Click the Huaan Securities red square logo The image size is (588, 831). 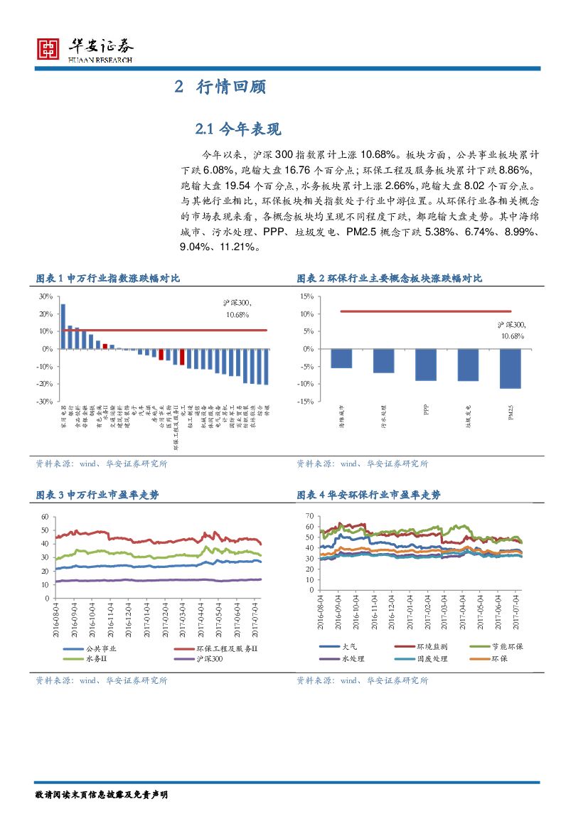point(48,48)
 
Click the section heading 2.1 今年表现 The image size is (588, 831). point(238,129)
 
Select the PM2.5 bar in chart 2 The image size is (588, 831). point(510,368)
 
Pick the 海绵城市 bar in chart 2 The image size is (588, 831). point(342,358)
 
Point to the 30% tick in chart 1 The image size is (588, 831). point(45,296)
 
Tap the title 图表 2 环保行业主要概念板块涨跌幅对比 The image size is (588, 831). point(389,279)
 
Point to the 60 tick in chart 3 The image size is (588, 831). point(45,517)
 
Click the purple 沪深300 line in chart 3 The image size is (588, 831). point(156,580)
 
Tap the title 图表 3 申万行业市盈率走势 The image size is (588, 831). point(97,495)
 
